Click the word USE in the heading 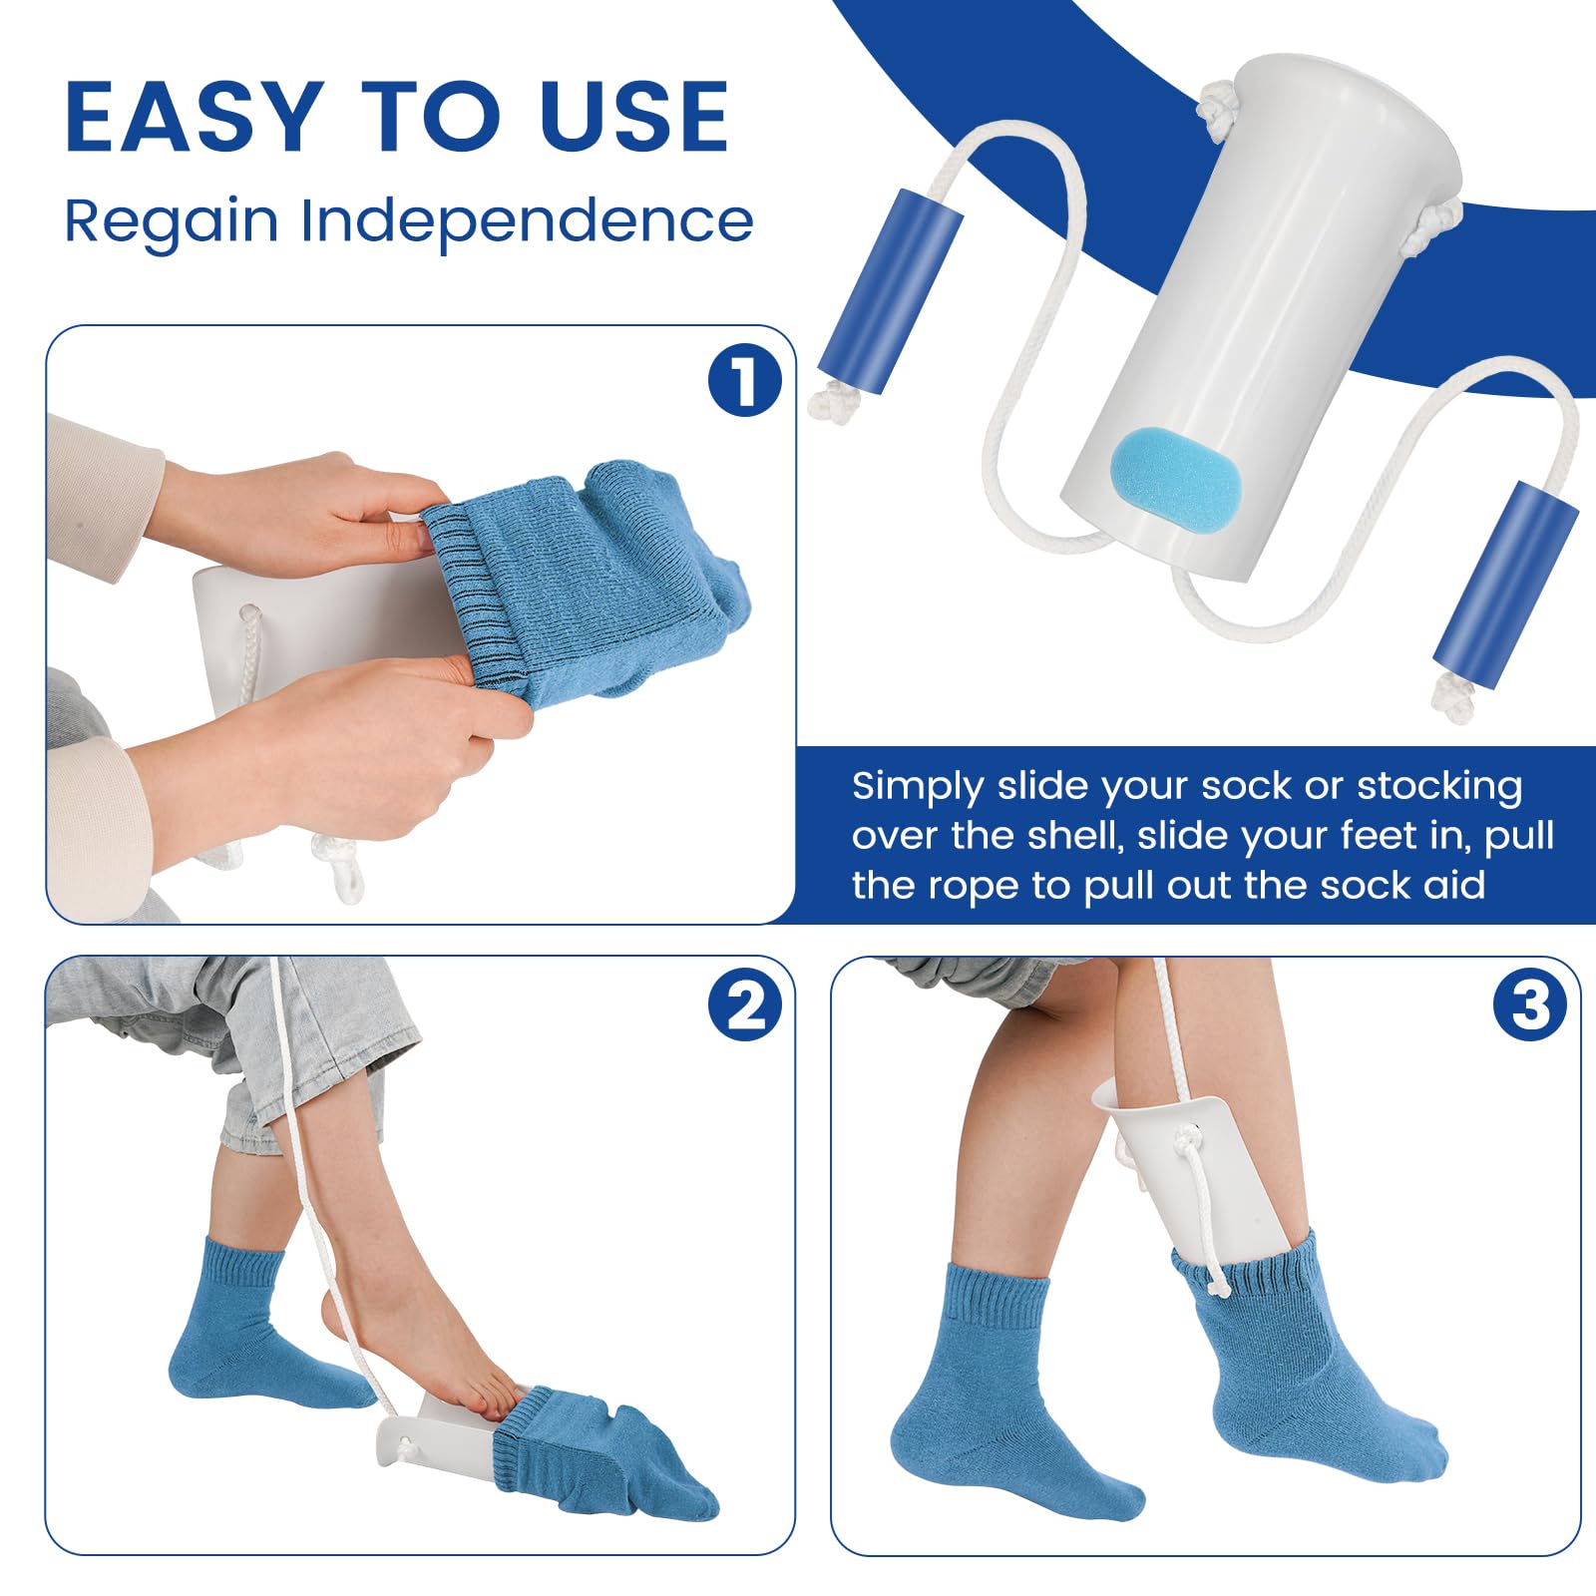click(634, 117)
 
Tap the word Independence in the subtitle click(527, 220)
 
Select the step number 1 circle click(744, 380)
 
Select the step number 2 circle click(744, 1005)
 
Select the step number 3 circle click(1529, 1005)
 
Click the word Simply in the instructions click(917, 787)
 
